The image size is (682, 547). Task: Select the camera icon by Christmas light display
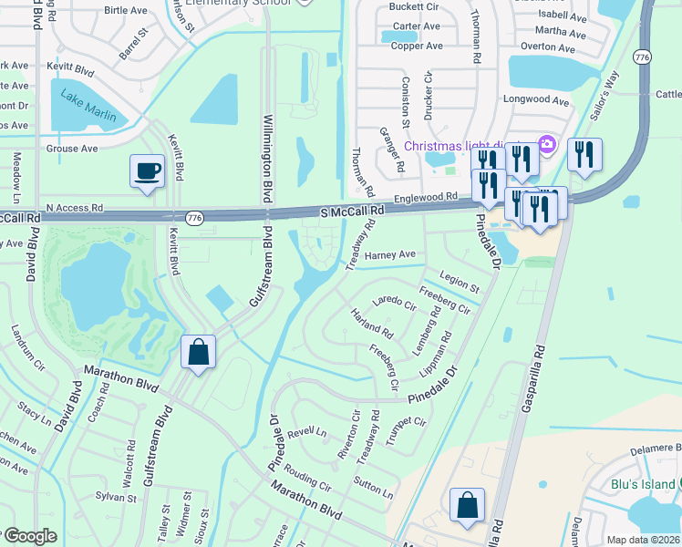(547, 144)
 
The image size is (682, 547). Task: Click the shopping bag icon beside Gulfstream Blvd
(199, 353)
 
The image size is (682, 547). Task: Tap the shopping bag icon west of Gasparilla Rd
(467, 506)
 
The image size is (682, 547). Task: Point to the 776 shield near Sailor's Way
(642, 57)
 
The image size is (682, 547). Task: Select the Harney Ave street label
(389, 255)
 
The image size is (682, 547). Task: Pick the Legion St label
(459, 281)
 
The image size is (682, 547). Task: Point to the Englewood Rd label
(425, 197)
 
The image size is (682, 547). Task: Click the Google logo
(29, 537)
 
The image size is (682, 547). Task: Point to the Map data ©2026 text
(643, 540)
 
